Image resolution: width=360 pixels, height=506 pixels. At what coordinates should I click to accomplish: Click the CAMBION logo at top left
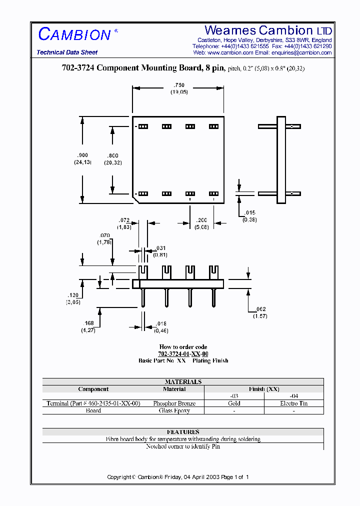(75, 34)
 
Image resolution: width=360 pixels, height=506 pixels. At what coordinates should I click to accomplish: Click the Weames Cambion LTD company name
(268, 30)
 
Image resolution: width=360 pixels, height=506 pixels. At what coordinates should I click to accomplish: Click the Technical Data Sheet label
(67, 52)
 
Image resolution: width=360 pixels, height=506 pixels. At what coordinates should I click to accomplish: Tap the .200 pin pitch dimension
(201, 220)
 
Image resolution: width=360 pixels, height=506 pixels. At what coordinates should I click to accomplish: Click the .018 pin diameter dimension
(160, 323)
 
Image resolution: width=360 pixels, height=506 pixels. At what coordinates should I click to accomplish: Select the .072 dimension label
(124, 220)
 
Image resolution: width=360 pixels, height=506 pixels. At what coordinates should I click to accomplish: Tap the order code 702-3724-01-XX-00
(183, 353)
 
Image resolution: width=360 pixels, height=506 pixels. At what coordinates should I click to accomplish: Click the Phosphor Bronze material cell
(174, 403)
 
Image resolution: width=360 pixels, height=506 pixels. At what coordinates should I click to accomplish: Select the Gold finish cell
(234, 403)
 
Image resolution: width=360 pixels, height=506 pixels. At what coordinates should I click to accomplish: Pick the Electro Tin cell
(293, 403)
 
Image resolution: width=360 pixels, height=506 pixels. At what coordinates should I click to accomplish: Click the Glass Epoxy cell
(174, 410)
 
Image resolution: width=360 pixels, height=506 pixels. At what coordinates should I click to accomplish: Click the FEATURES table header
(183, 431)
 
